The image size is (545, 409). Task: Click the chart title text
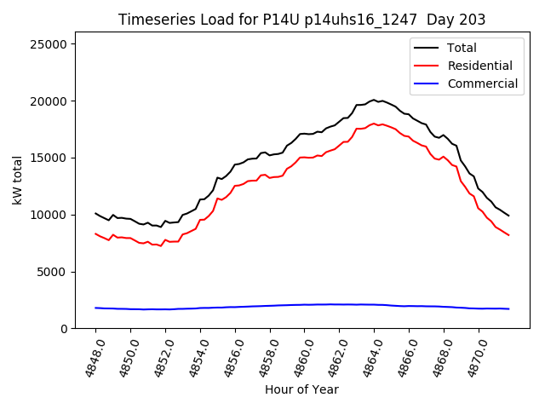coord(301,20)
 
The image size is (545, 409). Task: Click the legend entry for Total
coord(462,48)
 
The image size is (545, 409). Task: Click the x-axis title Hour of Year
coord(301,389)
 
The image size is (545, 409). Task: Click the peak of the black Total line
coord(374,100)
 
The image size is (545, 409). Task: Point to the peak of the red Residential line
coord(374,124)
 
